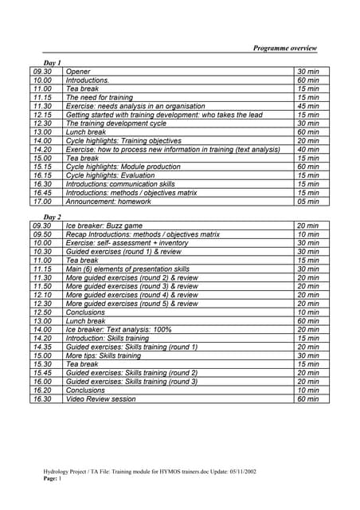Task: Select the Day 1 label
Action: click(x=52, y=62)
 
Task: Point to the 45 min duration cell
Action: click(x=307, y=106)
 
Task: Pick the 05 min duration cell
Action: click(x=307, y=202)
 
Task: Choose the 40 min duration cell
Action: click(x=307, y=149)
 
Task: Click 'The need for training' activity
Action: click(x=100, y=97)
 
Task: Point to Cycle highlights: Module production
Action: click(x=123, y=167)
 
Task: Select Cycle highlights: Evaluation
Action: click(x=111, y=175)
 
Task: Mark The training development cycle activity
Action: click(x=115, y=124)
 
